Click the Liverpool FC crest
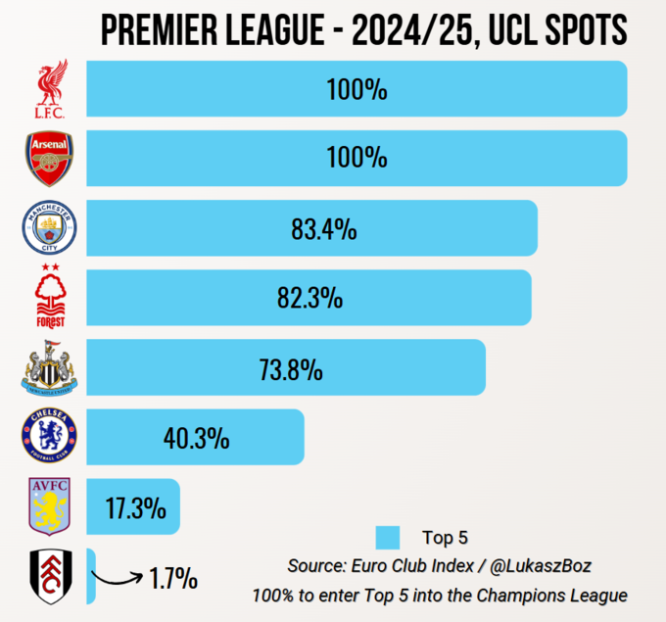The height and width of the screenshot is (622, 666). click(49, 91)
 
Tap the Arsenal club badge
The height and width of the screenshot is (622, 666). click(49, 159)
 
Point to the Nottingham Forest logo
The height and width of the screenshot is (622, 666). click(49, 297)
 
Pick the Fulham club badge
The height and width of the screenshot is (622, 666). click(49, 577)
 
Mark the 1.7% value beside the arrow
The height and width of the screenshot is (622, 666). click(174, 579)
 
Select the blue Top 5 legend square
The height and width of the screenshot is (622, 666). click(388, 537)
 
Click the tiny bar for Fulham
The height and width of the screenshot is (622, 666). click(90, 577)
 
